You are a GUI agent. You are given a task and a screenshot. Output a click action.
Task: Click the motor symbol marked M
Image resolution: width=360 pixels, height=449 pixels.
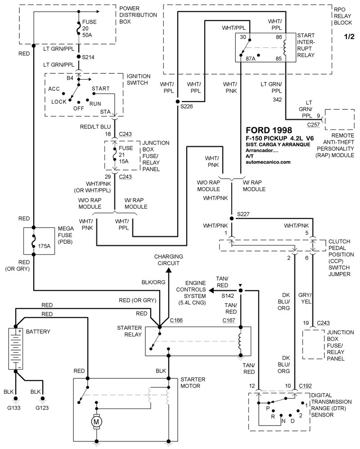(x=96, y=422)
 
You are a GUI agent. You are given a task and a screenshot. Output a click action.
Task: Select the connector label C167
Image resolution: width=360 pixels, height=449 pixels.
(x=229, y=320)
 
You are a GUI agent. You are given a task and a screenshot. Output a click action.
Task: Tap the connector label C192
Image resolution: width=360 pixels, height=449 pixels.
(x=306, y=386)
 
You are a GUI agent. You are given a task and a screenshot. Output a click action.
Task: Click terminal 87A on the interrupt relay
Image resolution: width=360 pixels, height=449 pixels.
(x=250, y=58)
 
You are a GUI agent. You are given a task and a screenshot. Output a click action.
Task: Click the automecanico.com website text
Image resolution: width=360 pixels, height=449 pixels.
(x=268, y=162)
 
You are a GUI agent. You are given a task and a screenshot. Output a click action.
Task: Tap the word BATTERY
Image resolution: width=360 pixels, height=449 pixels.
(x=38, y=332)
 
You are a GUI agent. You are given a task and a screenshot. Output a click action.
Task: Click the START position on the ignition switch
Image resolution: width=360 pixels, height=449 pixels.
(x=100, y=89)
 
